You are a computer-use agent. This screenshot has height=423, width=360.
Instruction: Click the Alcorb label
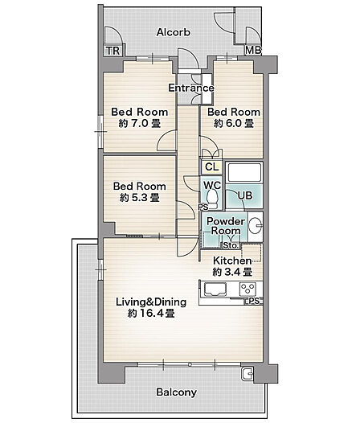[x=174, y=32]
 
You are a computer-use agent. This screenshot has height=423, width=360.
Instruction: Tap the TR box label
[x=113, y=51]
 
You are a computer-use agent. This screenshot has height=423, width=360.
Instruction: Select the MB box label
[x=253, y=50]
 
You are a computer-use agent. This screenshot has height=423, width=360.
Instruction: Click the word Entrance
[x=191, y=88]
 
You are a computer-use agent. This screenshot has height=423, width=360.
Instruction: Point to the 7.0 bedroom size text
[x=140, y=124]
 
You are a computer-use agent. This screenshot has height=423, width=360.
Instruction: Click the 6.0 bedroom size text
[x=234, y=124]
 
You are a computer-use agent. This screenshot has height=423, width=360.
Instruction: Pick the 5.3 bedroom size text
[x=140, y=198]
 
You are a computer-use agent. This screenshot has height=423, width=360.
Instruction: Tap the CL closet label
[x=211, y=167]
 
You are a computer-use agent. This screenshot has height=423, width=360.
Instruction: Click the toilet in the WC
[x=212, y=199]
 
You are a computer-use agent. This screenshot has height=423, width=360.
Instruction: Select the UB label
[x=245, y=195]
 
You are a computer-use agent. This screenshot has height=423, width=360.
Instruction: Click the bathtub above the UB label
[x=244, y=173]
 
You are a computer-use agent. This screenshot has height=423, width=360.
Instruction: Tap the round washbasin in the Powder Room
[x=255, y=225]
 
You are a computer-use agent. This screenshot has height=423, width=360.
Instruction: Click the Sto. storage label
[x=231, y=245]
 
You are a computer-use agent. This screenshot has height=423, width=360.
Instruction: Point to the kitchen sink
[x=215, y=290]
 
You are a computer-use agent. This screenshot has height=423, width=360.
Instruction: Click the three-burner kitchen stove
[x=247, y=289]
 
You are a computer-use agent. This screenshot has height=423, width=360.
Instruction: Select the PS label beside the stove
[x=254, y=301]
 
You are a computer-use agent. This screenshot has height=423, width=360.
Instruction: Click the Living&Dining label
[x=151, y=302]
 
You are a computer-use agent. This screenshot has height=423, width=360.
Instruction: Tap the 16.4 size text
[x=151, y=314]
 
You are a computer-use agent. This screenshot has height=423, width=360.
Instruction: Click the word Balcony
[x=176, y=392]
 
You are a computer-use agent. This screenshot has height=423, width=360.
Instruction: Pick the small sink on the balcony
[x=247, y=374]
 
